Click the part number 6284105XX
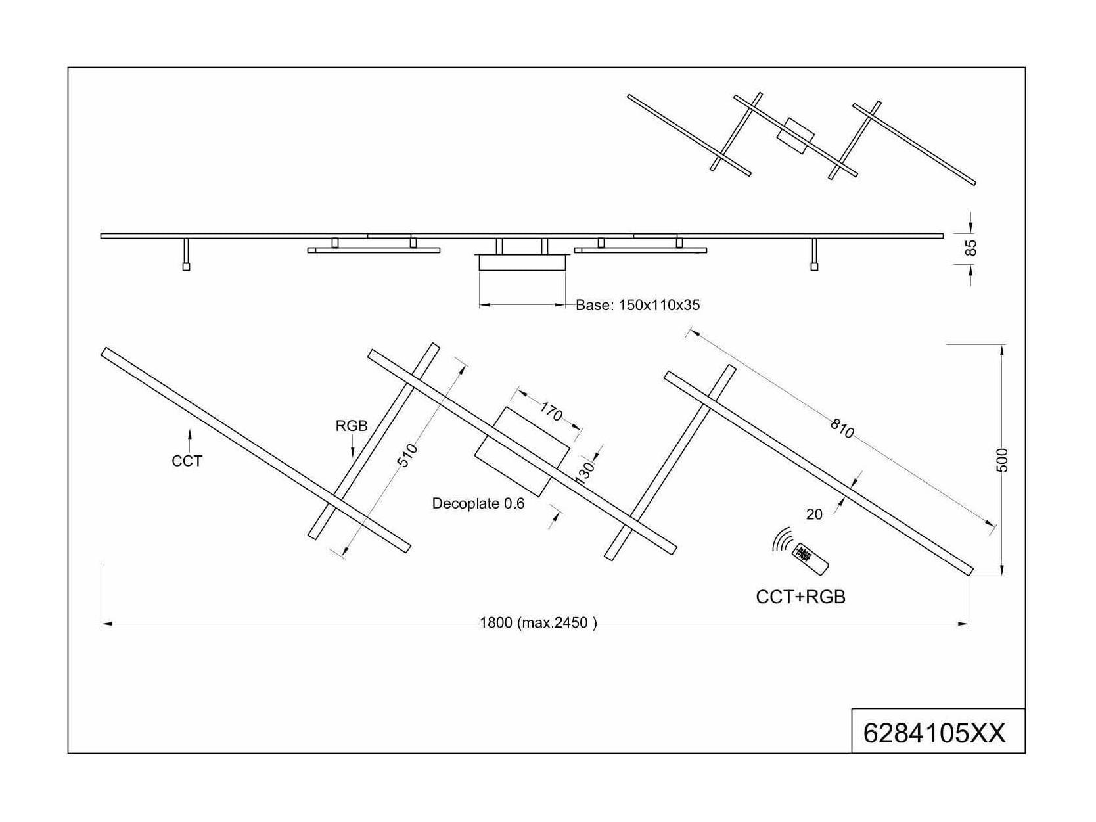point(934,733)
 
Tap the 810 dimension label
point(842,428)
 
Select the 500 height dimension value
point(1001,460)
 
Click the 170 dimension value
point(551,412)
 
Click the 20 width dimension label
point(814,514)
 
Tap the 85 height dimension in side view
point(970,248)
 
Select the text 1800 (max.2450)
point(538,622)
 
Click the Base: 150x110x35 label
point(637,305)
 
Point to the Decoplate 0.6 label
point(478,503)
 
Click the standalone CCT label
point(187,461)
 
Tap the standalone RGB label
point(352,426)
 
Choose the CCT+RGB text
point(800,597)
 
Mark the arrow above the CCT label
point(190,441)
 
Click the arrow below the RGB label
point(352,445)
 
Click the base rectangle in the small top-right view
point(796,135)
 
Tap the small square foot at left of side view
point(186,267)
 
